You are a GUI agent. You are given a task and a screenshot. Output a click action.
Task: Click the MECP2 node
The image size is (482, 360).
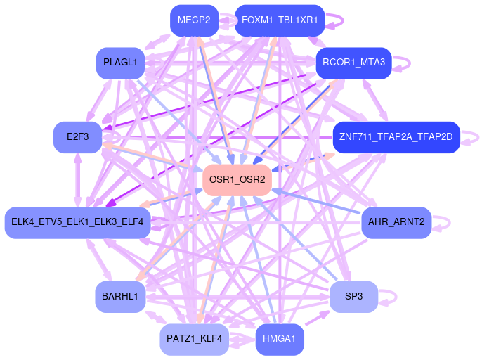coord(194,20)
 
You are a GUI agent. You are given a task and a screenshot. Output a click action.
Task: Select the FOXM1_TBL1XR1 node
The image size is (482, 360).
coord(279,20)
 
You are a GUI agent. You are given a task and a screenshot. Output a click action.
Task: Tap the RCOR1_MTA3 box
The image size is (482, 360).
coord(353,63)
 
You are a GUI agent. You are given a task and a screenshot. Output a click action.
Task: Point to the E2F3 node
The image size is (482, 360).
coord(77,136)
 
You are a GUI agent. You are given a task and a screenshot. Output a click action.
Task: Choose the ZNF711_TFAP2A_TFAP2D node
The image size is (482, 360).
coord(396,136)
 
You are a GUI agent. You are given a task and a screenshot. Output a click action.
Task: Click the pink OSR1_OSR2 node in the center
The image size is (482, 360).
coord(237,180)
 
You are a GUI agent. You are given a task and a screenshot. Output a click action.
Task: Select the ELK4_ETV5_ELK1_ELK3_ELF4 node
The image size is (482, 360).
coord(77,222)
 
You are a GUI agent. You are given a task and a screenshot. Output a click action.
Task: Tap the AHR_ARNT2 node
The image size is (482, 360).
coord(396,222)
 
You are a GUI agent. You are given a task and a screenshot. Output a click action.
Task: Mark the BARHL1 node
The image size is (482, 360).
coord(119,297)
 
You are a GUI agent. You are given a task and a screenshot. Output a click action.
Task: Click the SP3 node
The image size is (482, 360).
coord(353,297)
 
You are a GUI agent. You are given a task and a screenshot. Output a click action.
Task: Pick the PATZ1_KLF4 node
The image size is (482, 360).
coord(194,338)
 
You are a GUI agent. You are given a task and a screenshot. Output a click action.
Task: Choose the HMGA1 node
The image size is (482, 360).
coord(279,338)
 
